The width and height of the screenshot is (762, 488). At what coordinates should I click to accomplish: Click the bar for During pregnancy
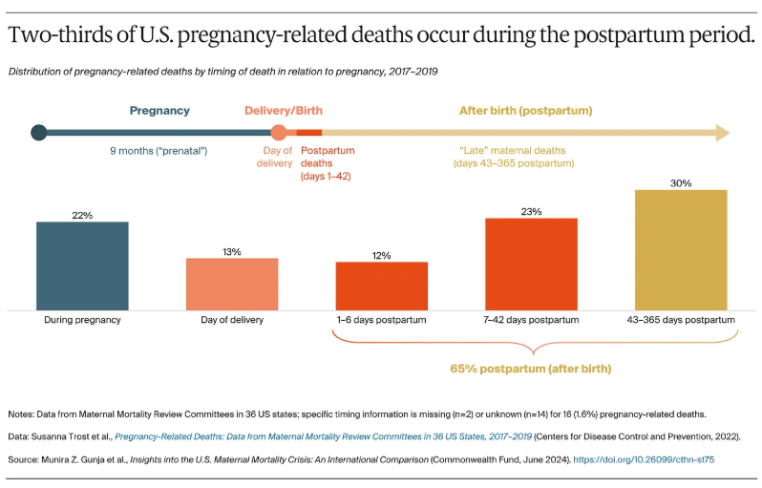click(x=82, y=265)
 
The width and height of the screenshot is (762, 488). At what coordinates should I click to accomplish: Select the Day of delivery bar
click(x=232, y=284)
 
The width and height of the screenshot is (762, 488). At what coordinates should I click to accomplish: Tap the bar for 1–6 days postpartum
click(x=381, y=286)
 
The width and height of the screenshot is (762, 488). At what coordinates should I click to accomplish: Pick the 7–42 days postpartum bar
click(x=531, y=264)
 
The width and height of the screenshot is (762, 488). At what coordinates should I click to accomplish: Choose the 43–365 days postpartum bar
click(x=681, y=249)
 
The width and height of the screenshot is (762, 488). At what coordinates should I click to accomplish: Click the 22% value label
click(x=82, y=215)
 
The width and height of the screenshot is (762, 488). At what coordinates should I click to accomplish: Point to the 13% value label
click(x=232, y=251)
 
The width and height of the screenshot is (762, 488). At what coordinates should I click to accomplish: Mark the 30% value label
click(x=681, y=182)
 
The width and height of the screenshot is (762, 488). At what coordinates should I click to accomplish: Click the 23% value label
click(x=531, y=211)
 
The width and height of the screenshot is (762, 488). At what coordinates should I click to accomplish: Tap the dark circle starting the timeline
click(x=38, y=133)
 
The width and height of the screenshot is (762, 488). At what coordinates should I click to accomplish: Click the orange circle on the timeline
click(x=279, y=133)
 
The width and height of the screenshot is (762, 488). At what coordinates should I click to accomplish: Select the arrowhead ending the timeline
click(x=723, y=133)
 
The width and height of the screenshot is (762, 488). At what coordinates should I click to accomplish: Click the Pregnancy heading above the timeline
click(x=159, y=111)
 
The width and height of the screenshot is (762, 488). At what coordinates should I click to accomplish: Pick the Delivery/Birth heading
click(x=284, y=111)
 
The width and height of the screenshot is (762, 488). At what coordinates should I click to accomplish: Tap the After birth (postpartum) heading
click(x=525, y=111)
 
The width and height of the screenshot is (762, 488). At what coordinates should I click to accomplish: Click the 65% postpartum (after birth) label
click(x=530, y=369)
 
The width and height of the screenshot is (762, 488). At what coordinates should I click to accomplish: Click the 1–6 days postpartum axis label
click(x=381, y=320)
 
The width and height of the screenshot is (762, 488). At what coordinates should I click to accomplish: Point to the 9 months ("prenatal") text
click(x=159, y=151)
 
